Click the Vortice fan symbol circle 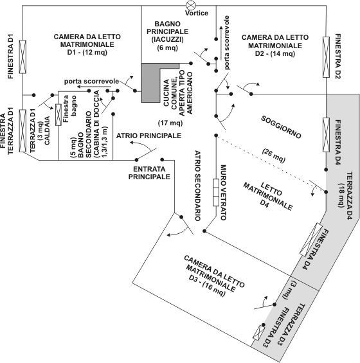coord(191,5)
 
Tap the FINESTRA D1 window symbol coord(22,57)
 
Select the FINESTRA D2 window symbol coord(326,57)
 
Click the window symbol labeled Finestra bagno coord(59,115)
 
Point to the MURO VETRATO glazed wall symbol coord(216,192)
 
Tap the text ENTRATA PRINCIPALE coord(149,173)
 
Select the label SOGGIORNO coord(281,127)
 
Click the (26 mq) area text coord(274,155)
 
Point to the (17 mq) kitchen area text coord(170,123)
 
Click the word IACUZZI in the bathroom coord(168,40)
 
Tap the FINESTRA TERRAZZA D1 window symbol coord(22,131)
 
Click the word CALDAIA coord(48,130)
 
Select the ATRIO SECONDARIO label coord(197,186)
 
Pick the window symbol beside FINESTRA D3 coord(258,332)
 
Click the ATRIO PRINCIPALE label coord(148,136)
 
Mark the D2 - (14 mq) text coord(275,53)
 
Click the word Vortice coord(197,13)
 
